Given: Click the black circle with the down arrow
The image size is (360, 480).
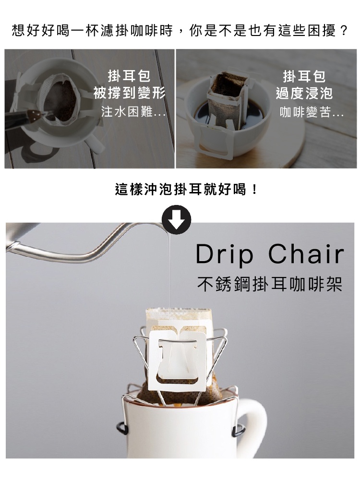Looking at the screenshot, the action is coord(176,220).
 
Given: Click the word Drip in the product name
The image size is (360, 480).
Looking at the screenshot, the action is coord(225,254).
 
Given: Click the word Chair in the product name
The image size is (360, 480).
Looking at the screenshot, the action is coord(306,254).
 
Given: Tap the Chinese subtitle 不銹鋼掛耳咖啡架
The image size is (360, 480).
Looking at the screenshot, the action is coord(270,284).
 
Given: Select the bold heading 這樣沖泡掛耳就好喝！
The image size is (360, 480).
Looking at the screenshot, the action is coord(186,189).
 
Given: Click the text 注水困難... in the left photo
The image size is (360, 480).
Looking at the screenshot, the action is coord(133,112).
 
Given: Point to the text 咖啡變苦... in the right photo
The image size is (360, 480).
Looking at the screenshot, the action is coord(312,112).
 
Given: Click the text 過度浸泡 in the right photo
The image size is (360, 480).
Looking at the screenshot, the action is coord(304,93).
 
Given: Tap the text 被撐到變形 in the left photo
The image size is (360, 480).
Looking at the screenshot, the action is coord(130,93).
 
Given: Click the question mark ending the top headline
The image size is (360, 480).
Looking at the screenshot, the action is coord(344,31).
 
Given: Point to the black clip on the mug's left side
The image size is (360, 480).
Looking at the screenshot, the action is coord(122,428).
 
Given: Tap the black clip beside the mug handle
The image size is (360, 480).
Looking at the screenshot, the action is coord(238,430).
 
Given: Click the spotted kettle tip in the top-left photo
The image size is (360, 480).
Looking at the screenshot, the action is coord(34,115).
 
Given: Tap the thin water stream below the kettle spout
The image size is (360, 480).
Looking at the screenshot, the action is coord(168,269).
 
